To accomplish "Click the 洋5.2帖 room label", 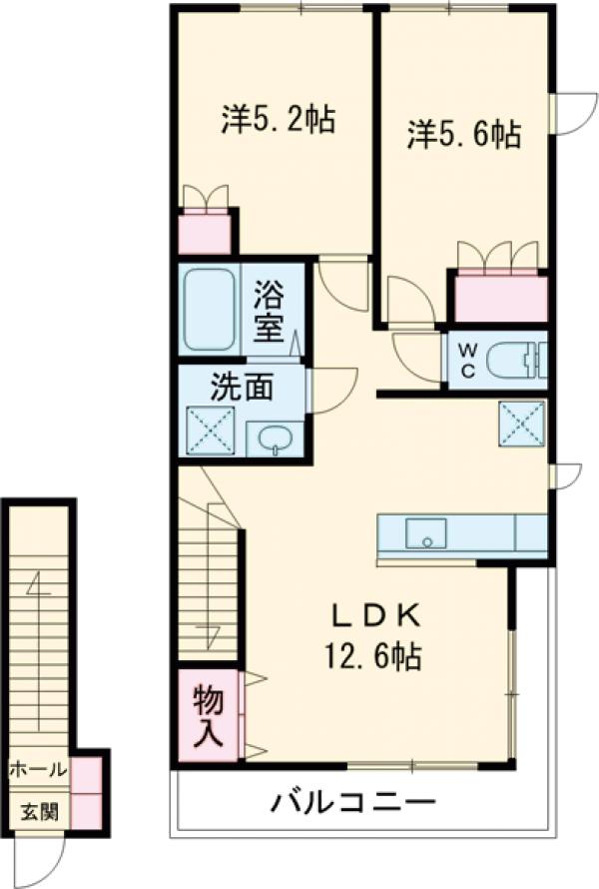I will (x=278, y=120).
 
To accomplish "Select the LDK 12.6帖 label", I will (x=370, y=636).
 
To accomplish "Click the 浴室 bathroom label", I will (x=269, y=311).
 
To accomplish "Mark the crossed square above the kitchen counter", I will (x=521, y=423).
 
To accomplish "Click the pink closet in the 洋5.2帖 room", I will (x=206, y=232).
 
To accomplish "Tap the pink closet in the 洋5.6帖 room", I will (x=500, y=296).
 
